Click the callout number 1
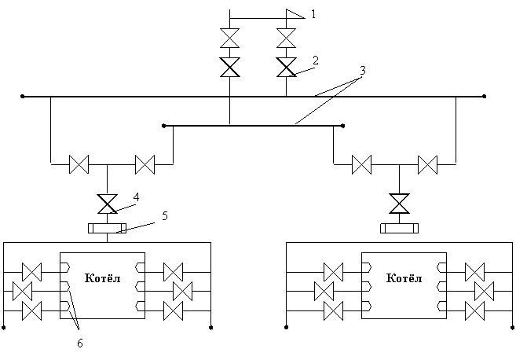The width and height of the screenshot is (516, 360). [313, 14]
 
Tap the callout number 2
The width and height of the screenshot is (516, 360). [316, 61]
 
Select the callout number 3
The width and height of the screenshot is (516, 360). [363, 71]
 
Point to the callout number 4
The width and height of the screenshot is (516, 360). [136, 197]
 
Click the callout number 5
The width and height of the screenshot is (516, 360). [165, 216]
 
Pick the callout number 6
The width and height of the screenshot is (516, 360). [80, 343]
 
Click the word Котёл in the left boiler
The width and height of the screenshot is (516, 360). [103, 278]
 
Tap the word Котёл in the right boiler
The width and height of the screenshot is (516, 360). [404, 278]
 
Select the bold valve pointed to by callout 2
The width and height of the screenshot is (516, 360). [287, 67]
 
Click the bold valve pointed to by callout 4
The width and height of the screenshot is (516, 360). [108, 204]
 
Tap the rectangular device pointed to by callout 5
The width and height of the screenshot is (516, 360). [108, 228]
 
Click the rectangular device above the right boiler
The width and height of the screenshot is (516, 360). [400, 228]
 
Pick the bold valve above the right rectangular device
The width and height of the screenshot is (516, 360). [400, 204]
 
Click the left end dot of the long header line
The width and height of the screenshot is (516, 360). [22, 97]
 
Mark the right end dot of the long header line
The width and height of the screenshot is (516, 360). [484, 97]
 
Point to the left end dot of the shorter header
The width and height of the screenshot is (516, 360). [164, 126]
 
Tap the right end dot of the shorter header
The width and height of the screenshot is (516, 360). [343, 126]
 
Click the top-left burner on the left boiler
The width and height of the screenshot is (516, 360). [65, 267]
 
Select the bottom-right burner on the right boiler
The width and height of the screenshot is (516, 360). [441, 307]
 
